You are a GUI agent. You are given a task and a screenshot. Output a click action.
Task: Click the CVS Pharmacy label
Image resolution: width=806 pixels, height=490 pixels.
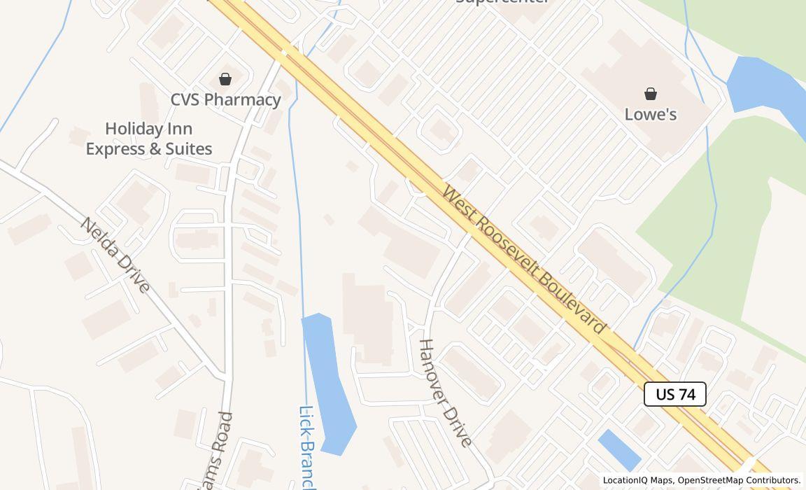click(x=225, y=99)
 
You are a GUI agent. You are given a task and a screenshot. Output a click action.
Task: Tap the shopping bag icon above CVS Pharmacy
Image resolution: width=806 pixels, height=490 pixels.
click(x=225, y=78)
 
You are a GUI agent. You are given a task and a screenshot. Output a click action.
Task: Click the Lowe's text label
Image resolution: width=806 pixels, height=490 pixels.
click(x=651, y=114)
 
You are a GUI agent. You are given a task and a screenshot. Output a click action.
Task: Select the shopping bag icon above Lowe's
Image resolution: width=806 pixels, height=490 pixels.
click(x=651, y=94)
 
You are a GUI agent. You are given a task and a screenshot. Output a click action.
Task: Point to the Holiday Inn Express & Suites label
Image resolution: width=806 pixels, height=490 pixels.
click(x=149, y=139)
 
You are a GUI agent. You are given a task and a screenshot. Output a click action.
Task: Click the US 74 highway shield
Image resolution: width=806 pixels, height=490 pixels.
click(x=675, y=394)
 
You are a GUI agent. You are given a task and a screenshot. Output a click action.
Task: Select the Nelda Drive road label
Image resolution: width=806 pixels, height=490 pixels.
click(x=115, y=255)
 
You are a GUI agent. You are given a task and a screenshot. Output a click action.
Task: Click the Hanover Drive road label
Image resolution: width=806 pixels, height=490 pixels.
click(x=446, y=392)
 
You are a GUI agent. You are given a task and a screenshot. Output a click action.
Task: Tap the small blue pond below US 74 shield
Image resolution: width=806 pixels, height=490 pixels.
click(x=619, y=449)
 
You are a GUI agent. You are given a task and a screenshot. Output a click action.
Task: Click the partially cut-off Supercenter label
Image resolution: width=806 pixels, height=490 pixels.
click(x=502, y=2)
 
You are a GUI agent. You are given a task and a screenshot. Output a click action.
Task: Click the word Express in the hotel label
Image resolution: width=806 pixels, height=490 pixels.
click(x=115, y=149)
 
